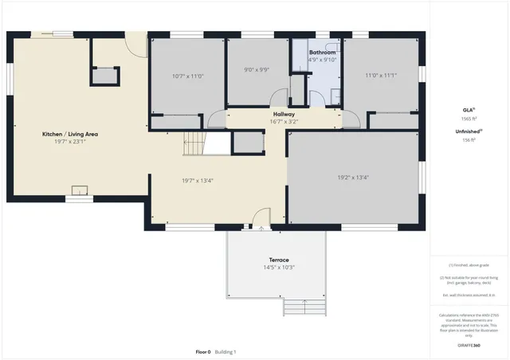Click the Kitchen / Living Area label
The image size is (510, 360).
click(x=69, y=134)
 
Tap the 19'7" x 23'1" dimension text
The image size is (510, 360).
click(x=69, y=143)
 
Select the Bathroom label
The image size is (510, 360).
click(x=323, y=53)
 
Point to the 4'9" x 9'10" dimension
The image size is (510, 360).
click(x=323, y=60)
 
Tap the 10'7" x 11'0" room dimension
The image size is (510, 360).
click(x=188, y=76)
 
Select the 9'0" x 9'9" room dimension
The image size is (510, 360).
click(x=257, y=69)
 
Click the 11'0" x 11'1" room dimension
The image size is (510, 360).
click(x=381, y=76)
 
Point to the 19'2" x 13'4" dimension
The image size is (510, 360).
click(x=352, y=178)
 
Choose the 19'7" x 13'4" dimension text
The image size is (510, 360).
click(x=198, y=180)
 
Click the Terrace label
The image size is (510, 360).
click(x=278, y=260)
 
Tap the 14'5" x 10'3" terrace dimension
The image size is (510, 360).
click(x=278, y=268)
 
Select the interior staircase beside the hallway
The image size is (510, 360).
click(x=194, y=144)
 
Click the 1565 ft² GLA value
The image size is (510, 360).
click(x=469, y=118)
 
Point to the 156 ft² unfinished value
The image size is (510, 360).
click(x=469, y=139)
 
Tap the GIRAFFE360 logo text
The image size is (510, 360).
click(x=469, y=346)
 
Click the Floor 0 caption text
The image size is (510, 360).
click(x=204, y=351)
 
